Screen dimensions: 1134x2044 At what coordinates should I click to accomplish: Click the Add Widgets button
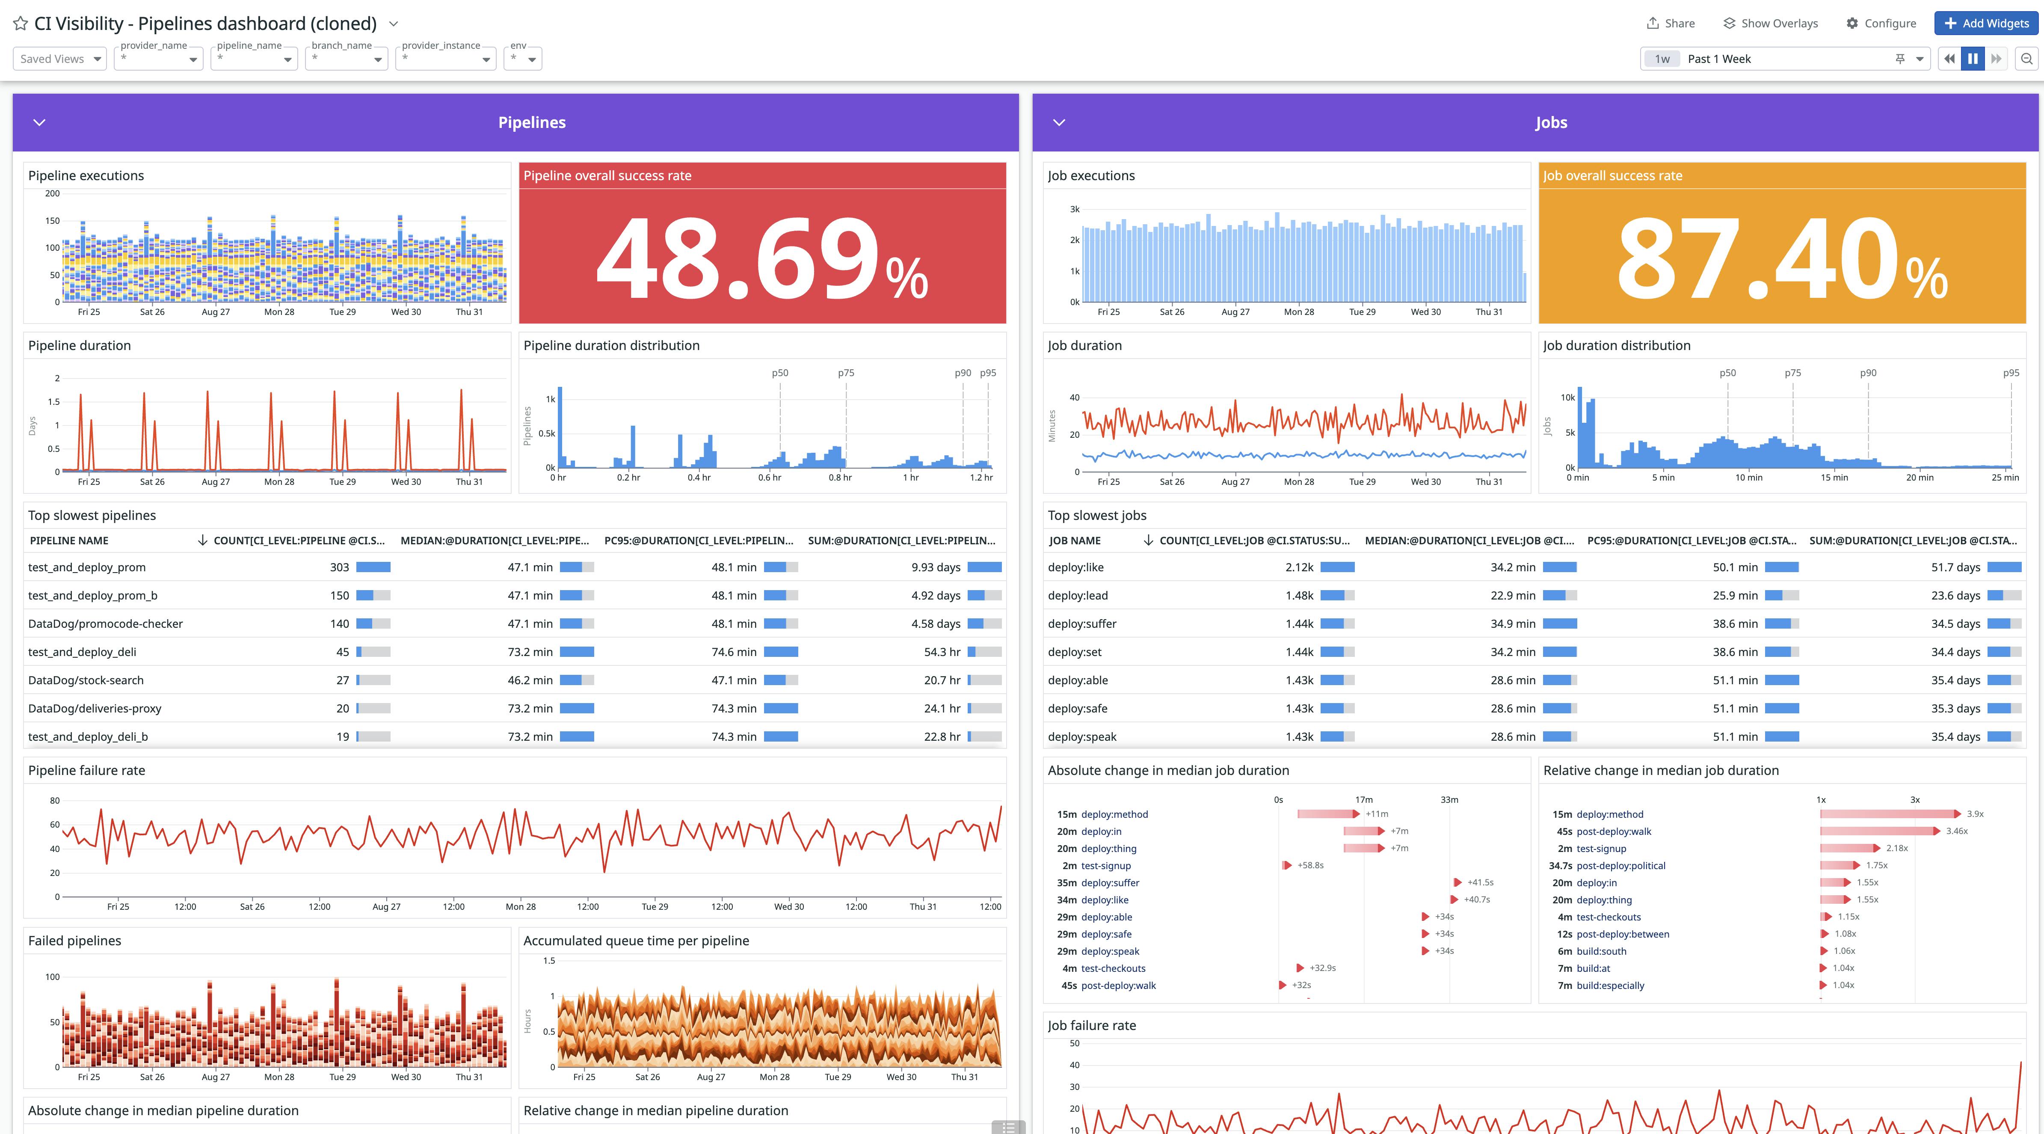[x=1986, y=23]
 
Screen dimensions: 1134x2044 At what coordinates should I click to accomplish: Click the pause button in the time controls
[x=1973, y=59]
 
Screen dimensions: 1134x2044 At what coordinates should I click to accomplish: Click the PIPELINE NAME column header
[x=69, y=540]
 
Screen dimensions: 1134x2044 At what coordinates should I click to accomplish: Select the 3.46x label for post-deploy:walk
[x=1957, y=831]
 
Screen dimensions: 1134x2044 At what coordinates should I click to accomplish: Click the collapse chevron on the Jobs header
[x=1058, y=122]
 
